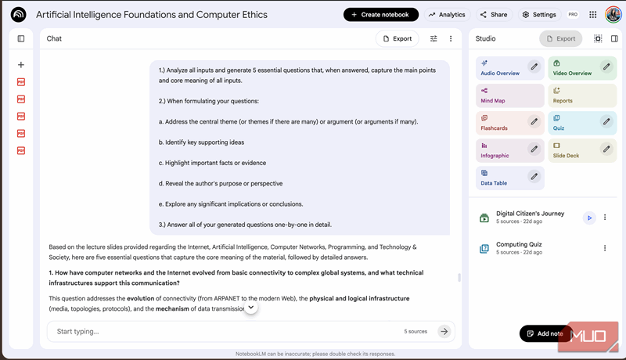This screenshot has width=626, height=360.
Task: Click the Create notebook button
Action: tap(380, 14)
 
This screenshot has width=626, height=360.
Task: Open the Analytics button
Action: tap(446, 14)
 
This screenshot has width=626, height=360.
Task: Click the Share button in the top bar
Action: tap(493, 14)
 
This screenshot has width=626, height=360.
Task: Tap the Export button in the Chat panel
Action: tap(397, 38)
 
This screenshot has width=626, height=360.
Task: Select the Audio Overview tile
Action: tap(501, 68)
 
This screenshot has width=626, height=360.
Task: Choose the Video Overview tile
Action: tap(573, 68)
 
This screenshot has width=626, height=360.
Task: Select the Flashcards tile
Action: tap(501, 123)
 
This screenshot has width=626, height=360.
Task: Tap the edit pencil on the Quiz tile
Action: tap(606, 121)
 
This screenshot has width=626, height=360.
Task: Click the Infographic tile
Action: tap(501, 150)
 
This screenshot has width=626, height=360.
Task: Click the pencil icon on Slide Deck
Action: tap(606, 149)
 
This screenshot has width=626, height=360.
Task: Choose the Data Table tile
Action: tap(501, 178)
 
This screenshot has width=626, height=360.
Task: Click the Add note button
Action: tap(545, 333)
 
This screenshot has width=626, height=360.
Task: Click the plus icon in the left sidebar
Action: tap(21, 65)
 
